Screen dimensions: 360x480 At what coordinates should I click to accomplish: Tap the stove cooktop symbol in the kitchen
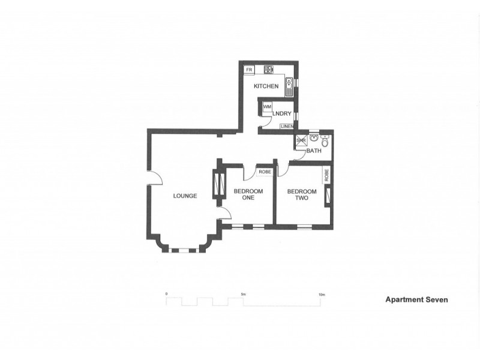click(269, 70)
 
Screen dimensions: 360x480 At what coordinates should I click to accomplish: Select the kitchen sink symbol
click(289, 88)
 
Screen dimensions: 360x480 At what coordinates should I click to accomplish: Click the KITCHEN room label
click(266, 86)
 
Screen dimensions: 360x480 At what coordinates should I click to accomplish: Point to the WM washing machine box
click(266, 107)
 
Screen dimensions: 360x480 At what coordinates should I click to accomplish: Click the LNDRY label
click(281, 113)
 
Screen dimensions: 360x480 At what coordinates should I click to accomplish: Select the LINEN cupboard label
click(287, 127)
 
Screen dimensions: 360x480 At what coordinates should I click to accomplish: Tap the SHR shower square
click(301, 142)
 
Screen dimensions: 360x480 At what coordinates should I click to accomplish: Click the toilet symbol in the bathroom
click(325, 142)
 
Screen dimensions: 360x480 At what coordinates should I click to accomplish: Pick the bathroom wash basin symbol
click(314, 137)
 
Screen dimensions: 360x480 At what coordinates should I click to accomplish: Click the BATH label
click(314, 151)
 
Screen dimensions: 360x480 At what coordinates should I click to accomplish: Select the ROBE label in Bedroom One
click(265, 172)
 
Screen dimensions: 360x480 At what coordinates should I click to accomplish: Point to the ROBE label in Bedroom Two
click(327, 176)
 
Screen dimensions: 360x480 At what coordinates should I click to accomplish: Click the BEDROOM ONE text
click(244, 194)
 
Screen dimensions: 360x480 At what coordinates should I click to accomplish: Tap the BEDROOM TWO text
click(298, 194)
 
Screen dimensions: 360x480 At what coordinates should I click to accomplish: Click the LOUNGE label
click(185, 196)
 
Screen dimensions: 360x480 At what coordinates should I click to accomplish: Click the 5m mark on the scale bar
click(243, 295)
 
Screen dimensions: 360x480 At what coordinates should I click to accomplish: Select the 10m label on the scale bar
click(322, 295)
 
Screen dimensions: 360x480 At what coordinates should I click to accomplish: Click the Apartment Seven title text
click(416, 299)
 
